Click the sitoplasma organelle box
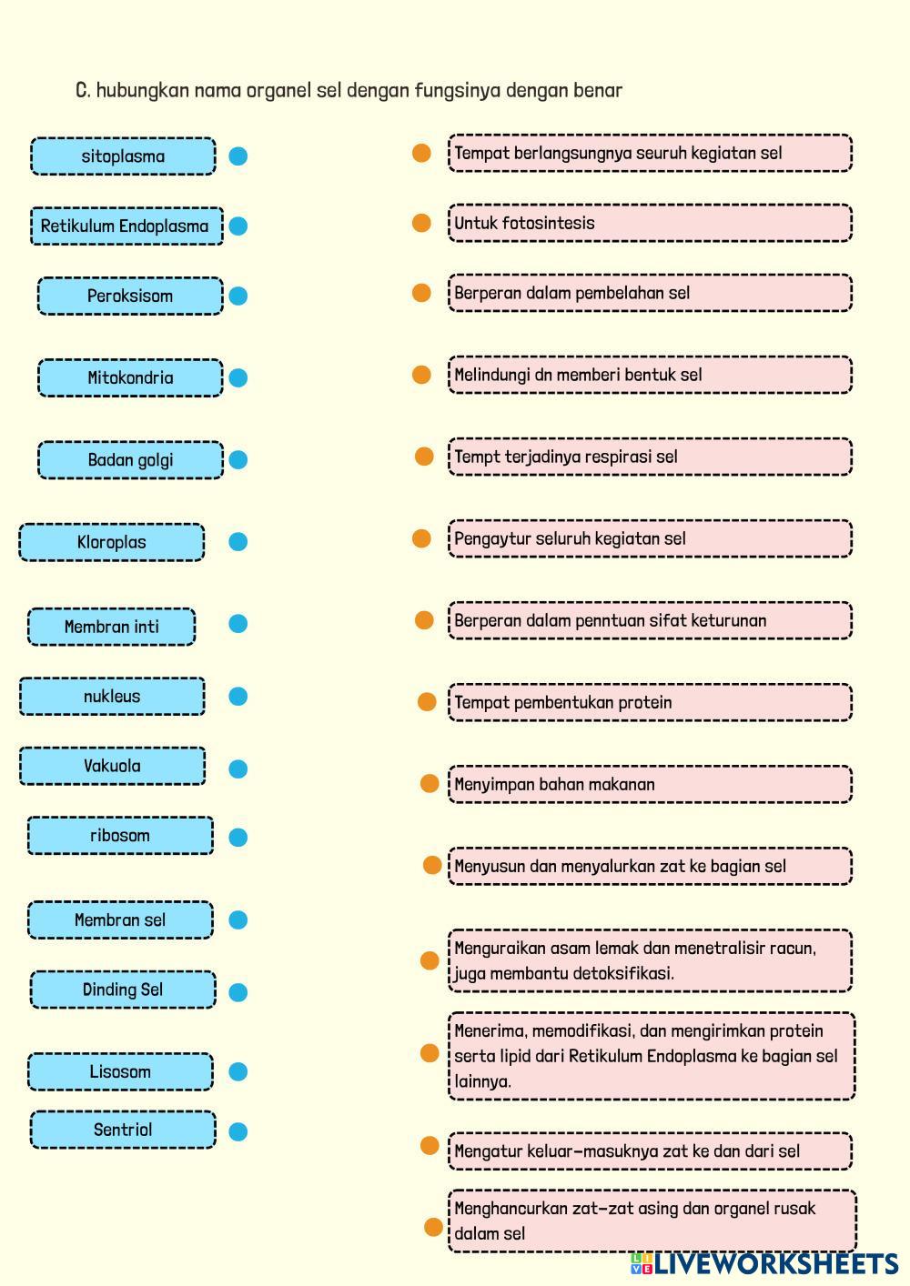[x=123, y=156]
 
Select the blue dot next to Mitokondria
[x=238, y=377]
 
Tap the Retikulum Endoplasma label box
[x=126, y=226]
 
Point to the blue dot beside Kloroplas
[x=238, y=542]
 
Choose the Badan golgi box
[x=130, y=460]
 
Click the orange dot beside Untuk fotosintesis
[x=421, y=223]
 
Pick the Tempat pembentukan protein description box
[x=650, y=703]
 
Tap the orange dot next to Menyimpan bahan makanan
[x=430, y=784]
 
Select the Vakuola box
[x=112, y=766]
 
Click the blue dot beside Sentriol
[x=238, y=1132]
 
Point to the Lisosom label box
[x=120, y=1072]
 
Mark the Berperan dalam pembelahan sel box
[x=650, y=293]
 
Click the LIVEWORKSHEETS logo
[x=764, y=1264]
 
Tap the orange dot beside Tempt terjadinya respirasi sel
[x=424, y=457]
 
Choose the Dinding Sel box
[x=123, y=990]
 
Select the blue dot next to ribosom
[x=238, y=838]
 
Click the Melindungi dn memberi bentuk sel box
[x=650, y=375]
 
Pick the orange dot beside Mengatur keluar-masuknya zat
[x=430, y=1146]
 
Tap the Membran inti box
[x=111, y=627]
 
